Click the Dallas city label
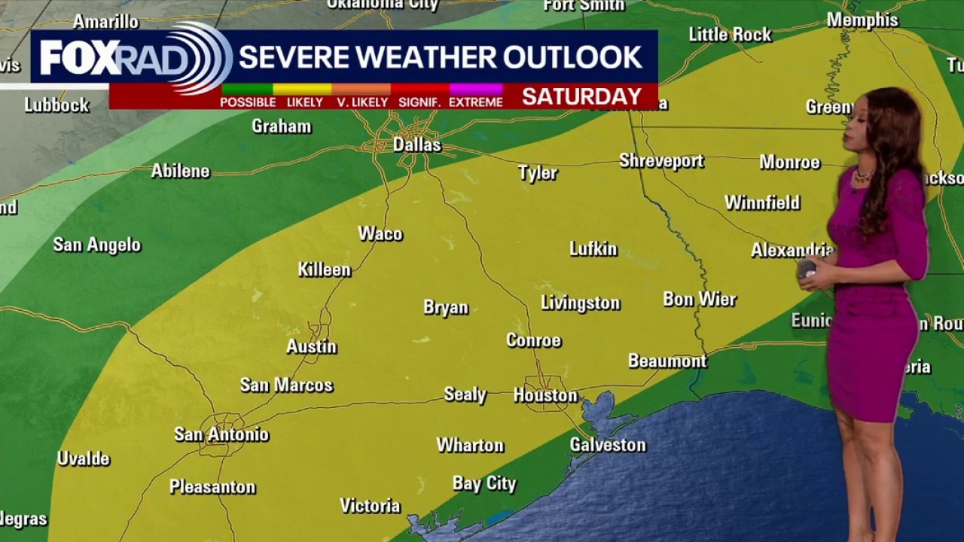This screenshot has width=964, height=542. pos(416,145)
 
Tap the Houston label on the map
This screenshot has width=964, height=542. pos(545,395)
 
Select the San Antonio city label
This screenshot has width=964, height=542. pos(221,434)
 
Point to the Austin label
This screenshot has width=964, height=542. pos(311,347)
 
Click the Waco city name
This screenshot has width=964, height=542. pos(380,234)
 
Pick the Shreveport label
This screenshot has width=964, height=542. pos(661,161)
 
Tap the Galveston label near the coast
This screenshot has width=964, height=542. pos(608,445)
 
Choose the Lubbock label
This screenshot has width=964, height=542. pos(56,105)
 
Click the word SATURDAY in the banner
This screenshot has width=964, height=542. pos(581,96)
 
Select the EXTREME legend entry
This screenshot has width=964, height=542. pos(475,102)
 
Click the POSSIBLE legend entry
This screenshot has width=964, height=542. pos(248,102)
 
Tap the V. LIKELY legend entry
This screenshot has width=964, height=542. pos(361,102)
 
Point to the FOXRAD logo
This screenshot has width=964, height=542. pos(132,58)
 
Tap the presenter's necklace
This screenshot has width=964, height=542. pos(863,175)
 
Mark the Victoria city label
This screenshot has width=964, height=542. pos(370,506)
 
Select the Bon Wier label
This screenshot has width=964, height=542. pos(700,300)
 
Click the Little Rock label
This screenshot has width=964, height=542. pos(730,35)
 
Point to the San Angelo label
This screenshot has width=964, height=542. pos(97,245)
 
